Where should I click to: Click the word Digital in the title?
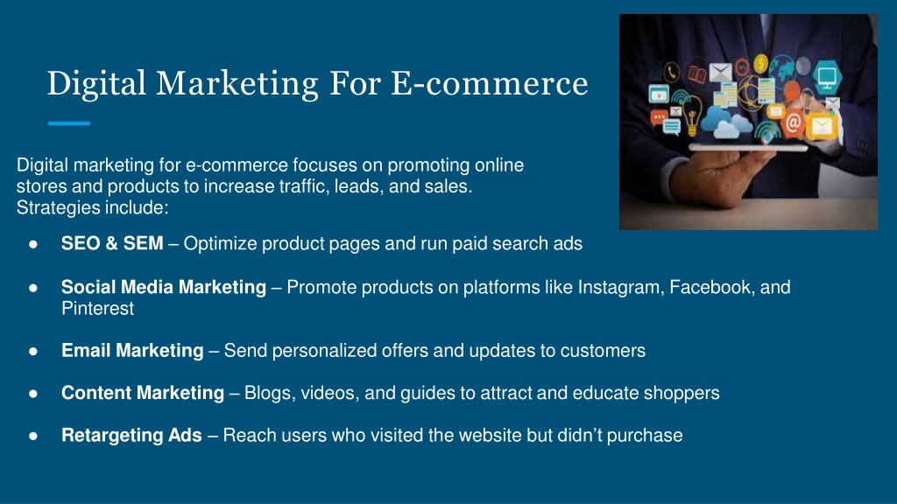96,84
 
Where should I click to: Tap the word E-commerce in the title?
489,83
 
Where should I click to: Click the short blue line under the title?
69,123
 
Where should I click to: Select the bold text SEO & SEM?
112,243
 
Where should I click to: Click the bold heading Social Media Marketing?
164,287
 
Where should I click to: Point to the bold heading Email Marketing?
132,350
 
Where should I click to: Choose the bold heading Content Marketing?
143,393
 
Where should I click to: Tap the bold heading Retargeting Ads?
131,436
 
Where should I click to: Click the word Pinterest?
98,309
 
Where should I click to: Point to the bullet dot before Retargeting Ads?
33,436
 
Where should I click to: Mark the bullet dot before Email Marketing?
33,351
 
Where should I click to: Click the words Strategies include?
92,207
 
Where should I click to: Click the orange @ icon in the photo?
794,122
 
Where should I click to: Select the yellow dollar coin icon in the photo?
760,63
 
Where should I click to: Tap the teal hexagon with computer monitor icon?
827,77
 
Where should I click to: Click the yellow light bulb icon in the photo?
692,115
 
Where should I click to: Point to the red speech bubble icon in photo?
659,118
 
